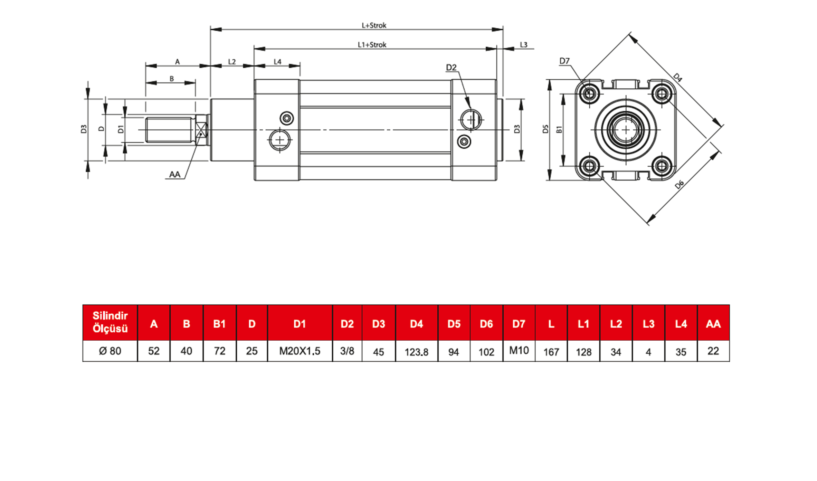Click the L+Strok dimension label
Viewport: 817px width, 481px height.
[x=374, y=26]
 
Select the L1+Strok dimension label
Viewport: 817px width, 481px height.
[x=372, y=45]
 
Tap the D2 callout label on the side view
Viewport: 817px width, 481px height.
[x=451, y=68]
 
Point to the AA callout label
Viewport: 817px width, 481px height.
[x=175, y=175]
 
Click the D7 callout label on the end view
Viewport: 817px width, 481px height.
[x=564, y=61]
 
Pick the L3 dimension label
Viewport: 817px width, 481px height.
[x=524, y=45]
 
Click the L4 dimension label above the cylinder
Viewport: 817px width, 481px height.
[x=277, y=62]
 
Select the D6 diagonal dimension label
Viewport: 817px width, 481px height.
[x=679, y=185]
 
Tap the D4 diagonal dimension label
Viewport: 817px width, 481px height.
[x=677, y=78]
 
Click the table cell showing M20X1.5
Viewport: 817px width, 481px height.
[x=300, y=351]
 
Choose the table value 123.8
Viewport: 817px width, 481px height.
[x=416, y=352]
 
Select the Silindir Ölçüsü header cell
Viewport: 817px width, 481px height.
[x=110, y=322]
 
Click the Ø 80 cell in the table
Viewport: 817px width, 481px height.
[x=110, y=351]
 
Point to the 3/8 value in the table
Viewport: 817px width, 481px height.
[x=347, y=351]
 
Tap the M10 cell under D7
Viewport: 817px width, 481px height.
[x=519, y=350]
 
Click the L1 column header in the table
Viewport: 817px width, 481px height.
[x=583, y=324]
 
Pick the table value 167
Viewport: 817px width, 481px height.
[x=551, y=352]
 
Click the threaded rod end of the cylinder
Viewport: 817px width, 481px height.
[x=170, y=130]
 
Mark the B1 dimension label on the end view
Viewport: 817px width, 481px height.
[x=559, y=129]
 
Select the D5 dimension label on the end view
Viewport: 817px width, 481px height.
[x=545, y=129]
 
